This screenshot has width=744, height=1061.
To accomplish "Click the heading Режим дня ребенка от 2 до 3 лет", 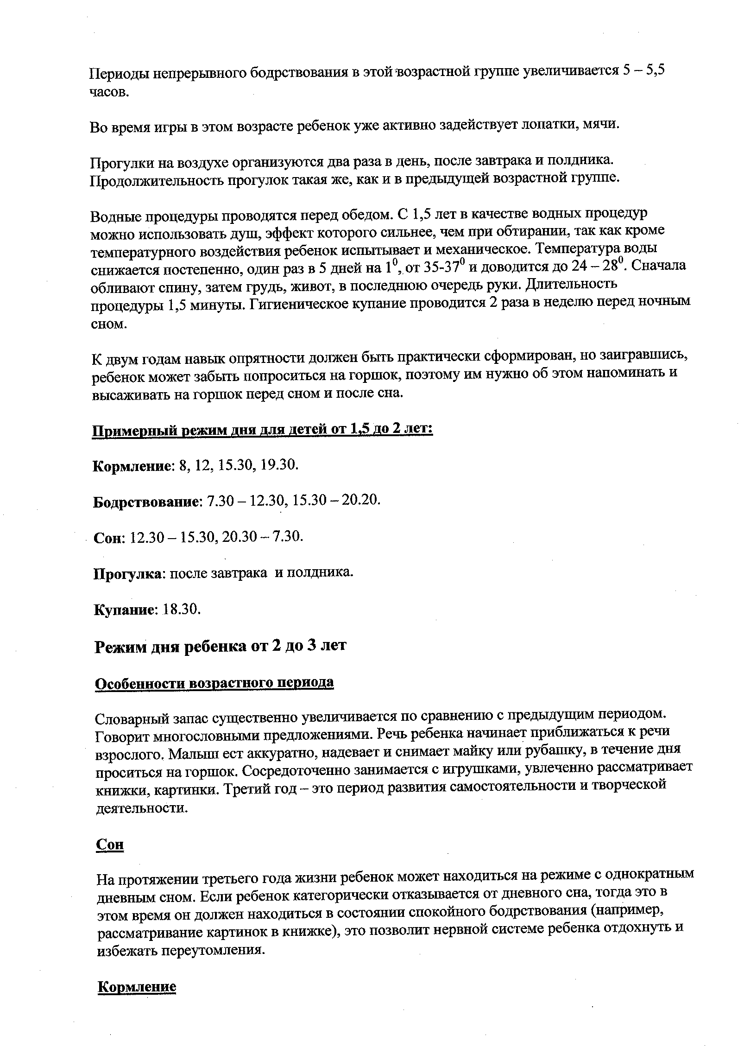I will [220, 646].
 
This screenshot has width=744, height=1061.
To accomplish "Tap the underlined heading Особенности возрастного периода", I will [214, 683].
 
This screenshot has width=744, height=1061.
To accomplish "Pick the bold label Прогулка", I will [127, 573].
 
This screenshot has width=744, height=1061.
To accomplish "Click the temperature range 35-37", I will [439, 267].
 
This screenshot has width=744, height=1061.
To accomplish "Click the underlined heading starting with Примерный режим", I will [262, 430].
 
